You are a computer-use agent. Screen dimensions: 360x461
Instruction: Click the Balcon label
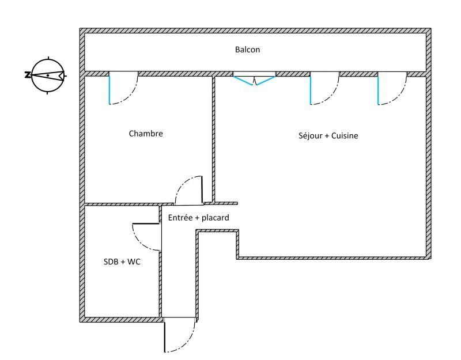(x=247, y=50)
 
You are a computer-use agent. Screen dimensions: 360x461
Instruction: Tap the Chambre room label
(x=146, y=134)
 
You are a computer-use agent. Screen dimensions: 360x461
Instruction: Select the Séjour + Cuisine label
(x=328, y=136)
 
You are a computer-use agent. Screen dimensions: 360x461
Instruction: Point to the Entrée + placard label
(x=198, y=218)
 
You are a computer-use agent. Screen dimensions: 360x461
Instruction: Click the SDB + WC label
(x=122, y=262)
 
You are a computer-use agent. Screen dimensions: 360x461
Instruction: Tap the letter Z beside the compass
(x=27, y=75)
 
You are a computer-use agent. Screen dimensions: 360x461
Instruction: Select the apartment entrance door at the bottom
(x=180, y=337)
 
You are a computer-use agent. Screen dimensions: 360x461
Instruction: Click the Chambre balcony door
(x=123, y=89)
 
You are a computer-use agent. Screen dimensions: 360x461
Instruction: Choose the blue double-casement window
(x=254, y=80)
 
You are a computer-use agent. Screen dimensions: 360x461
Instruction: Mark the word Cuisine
(x=344, y=136)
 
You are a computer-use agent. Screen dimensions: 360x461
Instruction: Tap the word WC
(x=134, y=262)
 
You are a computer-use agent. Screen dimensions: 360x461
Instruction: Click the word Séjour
(x=309, y=136)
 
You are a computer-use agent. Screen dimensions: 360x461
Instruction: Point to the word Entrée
(x=180, y=218)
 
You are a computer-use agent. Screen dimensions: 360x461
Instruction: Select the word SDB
(x=111, y=262)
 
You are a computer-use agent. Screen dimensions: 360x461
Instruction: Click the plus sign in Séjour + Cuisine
(x=325, y=137)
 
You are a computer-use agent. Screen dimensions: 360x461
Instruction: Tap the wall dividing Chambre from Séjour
(x=213, y=138)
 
